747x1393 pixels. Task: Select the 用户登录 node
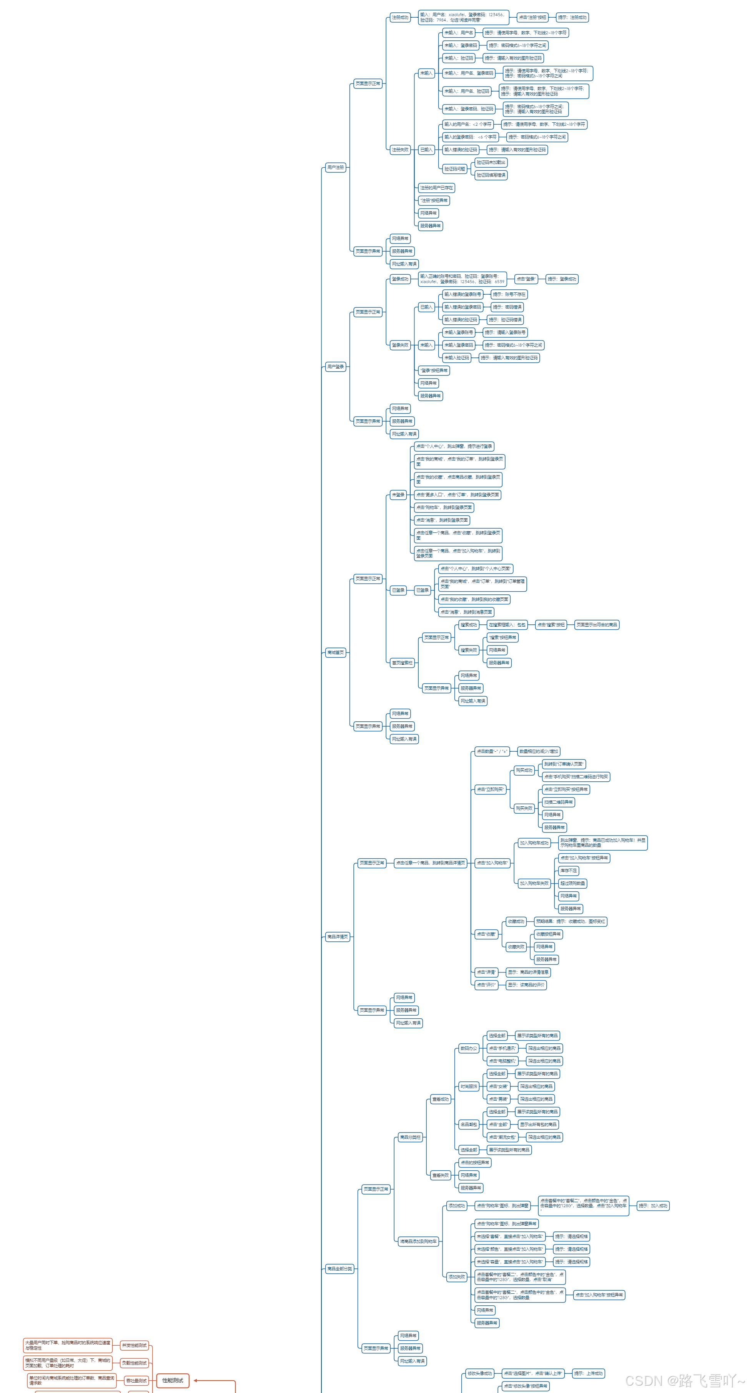[335, 367]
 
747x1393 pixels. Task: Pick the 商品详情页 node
[337, 937]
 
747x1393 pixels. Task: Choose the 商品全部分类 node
[339, 1269]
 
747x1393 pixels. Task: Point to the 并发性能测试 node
[134, 1345]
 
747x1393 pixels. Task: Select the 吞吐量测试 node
[136, 1381]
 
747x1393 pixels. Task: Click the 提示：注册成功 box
[572, 17]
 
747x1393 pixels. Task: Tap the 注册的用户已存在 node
[436, 188]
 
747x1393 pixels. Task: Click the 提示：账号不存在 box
[509, 295]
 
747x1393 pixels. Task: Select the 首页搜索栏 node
[402, 663]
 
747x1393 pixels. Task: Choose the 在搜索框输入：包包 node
[506, 625]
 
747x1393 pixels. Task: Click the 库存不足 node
[568, 871]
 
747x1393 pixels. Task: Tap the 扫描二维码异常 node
[558, 802]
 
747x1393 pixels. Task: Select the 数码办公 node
[468, 1048]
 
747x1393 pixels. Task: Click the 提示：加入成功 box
[652, 1205]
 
